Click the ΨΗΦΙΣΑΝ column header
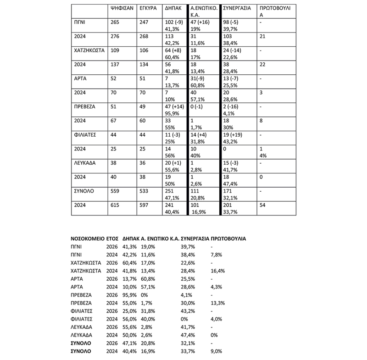click(x=122, y=8)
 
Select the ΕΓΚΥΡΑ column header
click(x=148, y=8)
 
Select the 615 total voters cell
click(x=116, y=207)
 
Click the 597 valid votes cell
click(x=144, y=207)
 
